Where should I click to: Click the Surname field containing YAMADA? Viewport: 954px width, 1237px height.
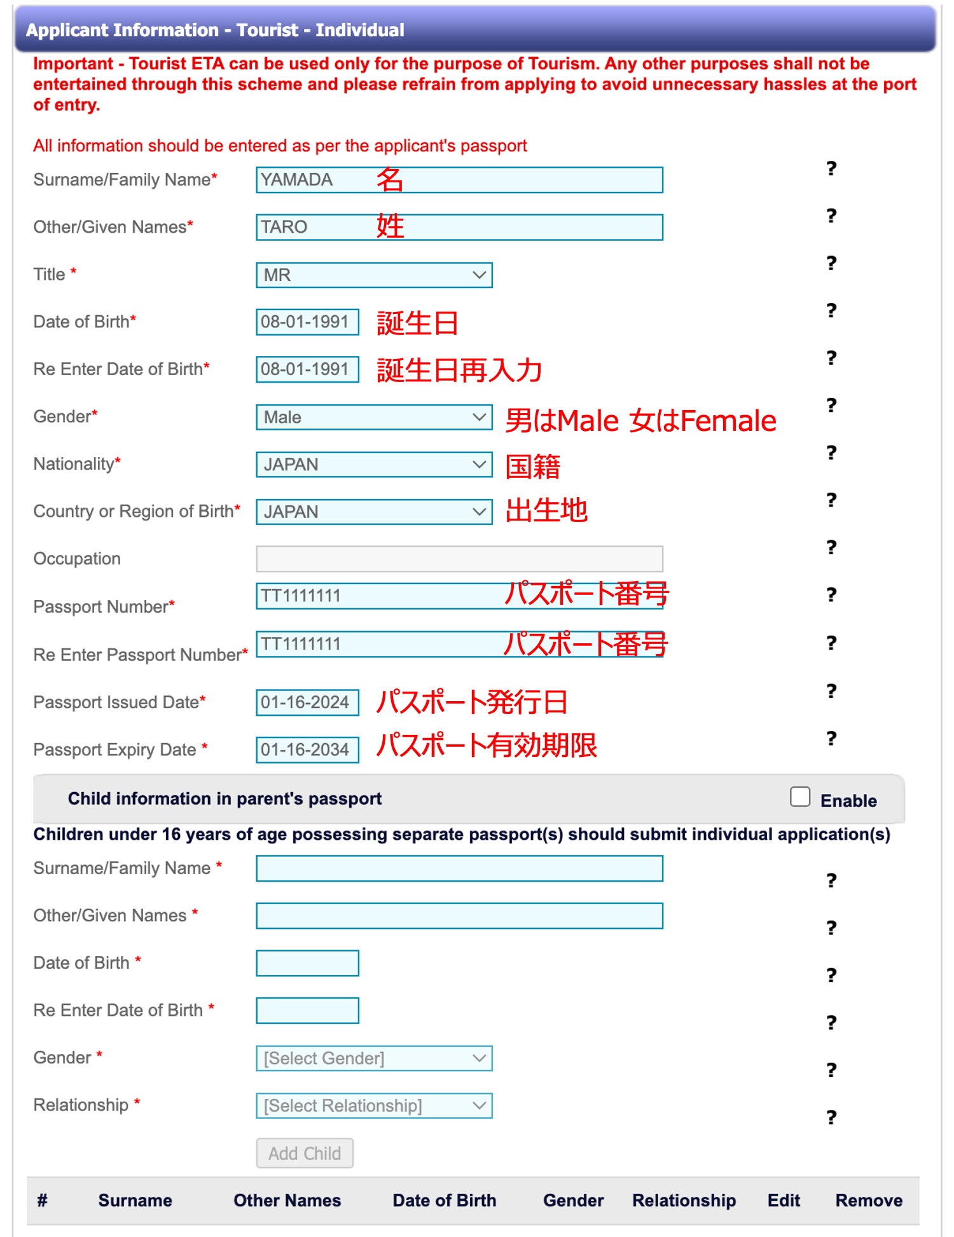tap(458, 180)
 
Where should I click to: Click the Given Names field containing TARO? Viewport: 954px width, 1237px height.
tap(458, 228)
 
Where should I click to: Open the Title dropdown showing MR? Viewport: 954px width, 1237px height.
tap(374, 275)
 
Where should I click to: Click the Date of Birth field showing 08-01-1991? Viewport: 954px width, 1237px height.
tap(307, 322)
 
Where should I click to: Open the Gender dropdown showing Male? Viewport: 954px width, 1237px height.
tap(374, 418)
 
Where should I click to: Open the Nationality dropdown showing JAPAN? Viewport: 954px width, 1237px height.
tap(374, 465)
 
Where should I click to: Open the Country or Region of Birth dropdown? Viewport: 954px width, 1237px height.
tap(374, 512)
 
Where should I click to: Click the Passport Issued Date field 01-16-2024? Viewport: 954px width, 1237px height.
tap(307, 702)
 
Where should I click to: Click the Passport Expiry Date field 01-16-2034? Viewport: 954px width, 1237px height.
tap(307, 750)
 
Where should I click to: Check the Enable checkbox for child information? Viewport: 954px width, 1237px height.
tap(800, 797)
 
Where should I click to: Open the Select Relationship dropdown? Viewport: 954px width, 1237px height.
tap(374, 1106)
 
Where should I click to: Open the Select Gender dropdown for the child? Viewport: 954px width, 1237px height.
tap(374, 1058)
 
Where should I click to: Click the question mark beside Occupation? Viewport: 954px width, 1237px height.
tap(831, 547)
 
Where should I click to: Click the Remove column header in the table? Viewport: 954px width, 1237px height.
tap(869, 1201)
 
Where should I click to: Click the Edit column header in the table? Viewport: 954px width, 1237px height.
tap(784, 1201)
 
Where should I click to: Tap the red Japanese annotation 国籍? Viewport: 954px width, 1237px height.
tap(533, 467)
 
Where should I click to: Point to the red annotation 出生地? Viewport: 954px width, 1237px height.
tap(546, 510)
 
